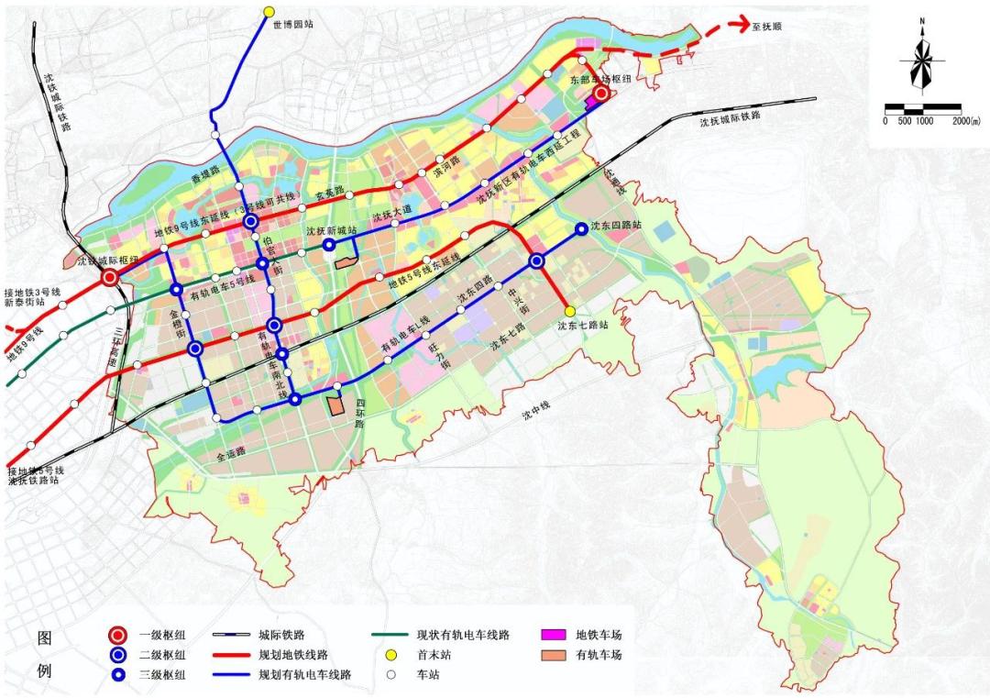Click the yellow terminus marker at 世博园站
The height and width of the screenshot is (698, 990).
point(269,12)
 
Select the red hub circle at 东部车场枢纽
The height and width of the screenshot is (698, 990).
point(601,94)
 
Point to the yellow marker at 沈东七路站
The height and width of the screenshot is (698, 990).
point(569,311)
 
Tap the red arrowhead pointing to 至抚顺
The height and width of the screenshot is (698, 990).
point(735,24)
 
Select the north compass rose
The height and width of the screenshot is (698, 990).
point(922,60)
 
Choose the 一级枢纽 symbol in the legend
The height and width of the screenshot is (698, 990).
point(116,635)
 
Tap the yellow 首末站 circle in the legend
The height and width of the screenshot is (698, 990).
point(390,655)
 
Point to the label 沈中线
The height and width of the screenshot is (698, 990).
point(539,415)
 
